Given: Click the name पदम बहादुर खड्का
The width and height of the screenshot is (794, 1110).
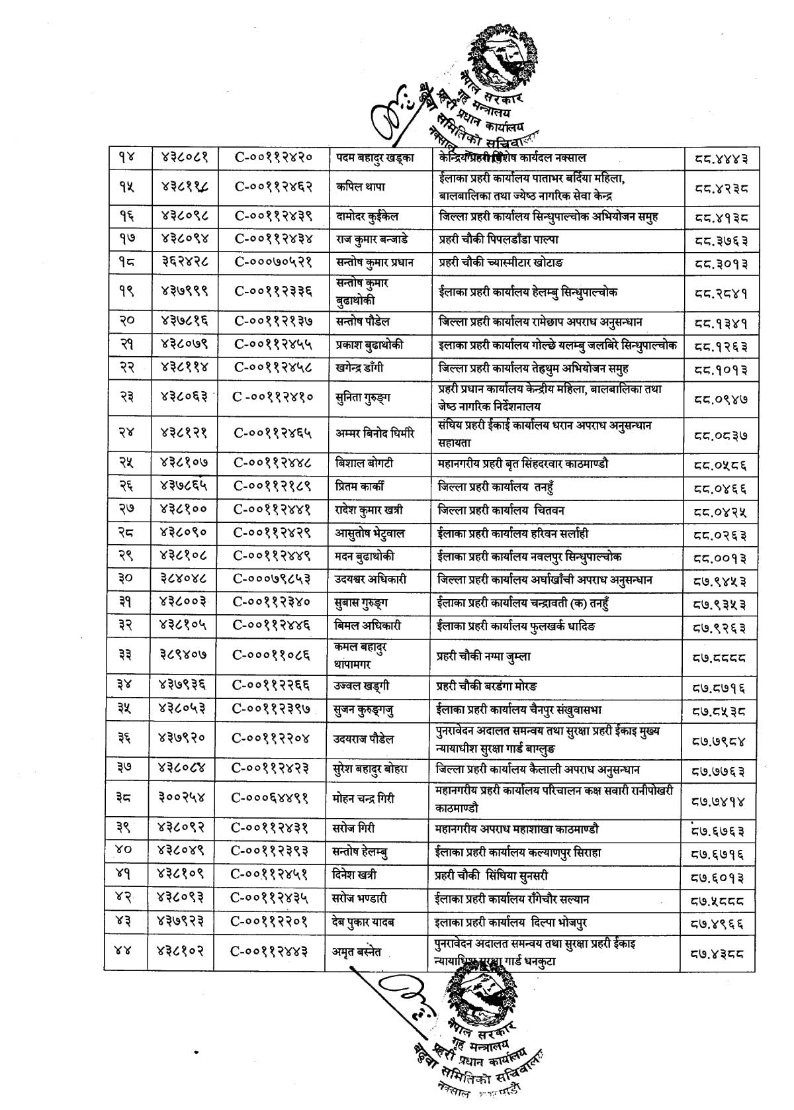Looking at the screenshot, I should [x=373, y=158].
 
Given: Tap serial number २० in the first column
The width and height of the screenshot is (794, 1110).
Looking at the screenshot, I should [x=125, y=322].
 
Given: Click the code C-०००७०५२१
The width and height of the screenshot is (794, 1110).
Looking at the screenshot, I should [x=272, y=262].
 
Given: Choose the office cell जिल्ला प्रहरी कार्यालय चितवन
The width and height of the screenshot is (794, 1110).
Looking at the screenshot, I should [x=502, y=510].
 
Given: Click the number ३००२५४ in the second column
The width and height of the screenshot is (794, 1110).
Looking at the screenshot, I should [x=181, y=798].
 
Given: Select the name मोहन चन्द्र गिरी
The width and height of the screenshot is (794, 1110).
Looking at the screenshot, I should [x=364, y=798].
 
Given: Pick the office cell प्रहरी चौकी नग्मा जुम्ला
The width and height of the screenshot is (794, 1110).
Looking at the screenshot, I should [x=484, y=657].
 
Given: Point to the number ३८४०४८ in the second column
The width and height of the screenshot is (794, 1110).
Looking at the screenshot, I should [x=181, y=579].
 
